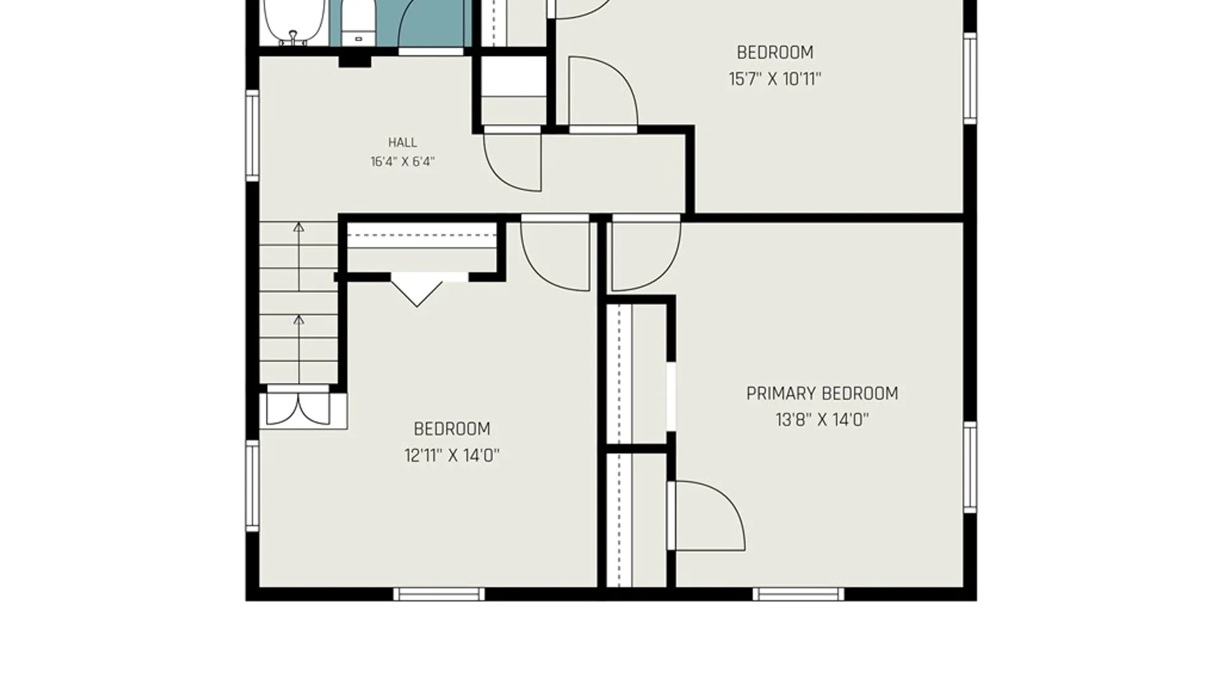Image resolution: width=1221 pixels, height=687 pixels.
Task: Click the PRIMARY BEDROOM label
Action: [822, 394]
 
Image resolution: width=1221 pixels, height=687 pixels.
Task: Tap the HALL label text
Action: [403, 142]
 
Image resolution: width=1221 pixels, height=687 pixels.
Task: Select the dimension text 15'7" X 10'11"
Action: [775, 79]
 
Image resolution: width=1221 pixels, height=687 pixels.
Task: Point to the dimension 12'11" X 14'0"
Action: [452, 455]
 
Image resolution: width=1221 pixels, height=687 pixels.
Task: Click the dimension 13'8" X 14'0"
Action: [822, 420]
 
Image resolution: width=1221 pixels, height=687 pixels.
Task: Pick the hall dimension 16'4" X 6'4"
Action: [403, 162]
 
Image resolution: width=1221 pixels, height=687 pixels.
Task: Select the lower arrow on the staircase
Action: [298, 348]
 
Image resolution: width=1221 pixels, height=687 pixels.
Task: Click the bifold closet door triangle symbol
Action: [417, 289]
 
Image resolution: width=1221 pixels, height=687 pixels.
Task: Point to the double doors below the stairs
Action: [298, 408]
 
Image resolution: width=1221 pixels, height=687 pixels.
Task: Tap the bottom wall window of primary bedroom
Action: [799, 595]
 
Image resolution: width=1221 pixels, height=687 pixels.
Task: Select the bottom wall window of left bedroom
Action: [439, 595]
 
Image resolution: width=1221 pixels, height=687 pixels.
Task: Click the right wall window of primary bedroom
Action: [970, 467]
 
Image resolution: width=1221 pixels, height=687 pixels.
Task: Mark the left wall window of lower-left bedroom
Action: [252, 485]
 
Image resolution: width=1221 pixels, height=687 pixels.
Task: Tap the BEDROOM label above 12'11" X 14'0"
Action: [452, 429]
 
